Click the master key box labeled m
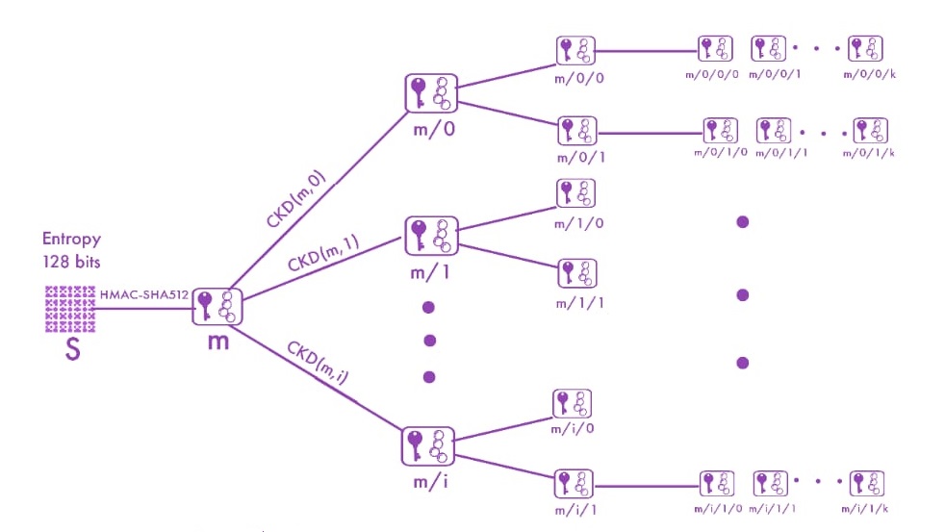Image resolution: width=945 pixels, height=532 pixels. (x=218, y=307)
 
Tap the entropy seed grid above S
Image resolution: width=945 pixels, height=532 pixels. (x=70, y=308)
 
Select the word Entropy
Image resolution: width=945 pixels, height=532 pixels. (x=71, y=239)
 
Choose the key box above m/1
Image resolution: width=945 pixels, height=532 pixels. (x=430, y=236)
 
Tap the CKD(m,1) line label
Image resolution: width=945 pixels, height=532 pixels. (x=322, y=257)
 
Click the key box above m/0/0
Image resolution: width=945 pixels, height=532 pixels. (x=575, y=51)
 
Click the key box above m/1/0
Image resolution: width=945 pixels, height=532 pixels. (x=575, y=193)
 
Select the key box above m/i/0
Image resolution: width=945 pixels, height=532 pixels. (x=573, y=404)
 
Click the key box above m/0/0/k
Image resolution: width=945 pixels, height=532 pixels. (x=865, y=48)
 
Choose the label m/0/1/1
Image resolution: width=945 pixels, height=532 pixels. (x=779, y=152)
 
